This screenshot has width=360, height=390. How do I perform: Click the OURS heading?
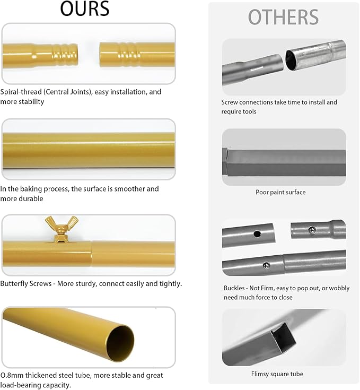coord(84,8)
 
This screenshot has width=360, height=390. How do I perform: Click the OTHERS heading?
coord(283,17)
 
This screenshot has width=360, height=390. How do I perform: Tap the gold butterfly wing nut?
coord(62,228)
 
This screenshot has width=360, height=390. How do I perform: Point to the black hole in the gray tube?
coord(257,234)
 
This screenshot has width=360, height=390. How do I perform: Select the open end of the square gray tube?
coord(283,337)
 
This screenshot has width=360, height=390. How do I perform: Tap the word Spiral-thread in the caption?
coord(21,92)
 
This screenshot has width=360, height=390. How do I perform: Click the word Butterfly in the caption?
coord(14,284)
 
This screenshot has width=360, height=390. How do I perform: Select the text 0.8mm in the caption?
coord(12,375)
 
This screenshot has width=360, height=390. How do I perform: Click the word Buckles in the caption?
coord(234,288)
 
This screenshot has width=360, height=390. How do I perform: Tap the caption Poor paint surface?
coord(280,192)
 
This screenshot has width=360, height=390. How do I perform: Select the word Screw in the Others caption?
coord(230,102)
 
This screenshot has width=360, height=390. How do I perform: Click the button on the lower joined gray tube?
coord(267,265)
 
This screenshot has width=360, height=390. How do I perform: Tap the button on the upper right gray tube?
coord(312,230)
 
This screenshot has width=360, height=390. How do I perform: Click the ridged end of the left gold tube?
coord(65,55)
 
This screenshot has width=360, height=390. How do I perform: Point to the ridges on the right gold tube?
coord(127,55)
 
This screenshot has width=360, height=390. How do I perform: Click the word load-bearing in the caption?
coord(21,385)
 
